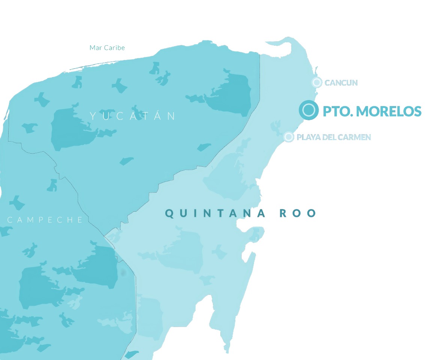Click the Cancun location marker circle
(317, 82)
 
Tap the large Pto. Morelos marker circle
(308, 110)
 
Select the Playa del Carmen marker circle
(288, 137)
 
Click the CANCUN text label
(341, 83)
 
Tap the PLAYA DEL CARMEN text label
(334, 137)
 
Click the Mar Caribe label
(107, 48)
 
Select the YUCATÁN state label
(133, 116)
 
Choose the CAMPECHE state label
(45, 220)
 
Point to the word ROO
(298, 214)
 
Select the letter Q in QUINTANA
(169, 214)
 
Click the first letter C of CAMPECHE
(10, 220)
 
